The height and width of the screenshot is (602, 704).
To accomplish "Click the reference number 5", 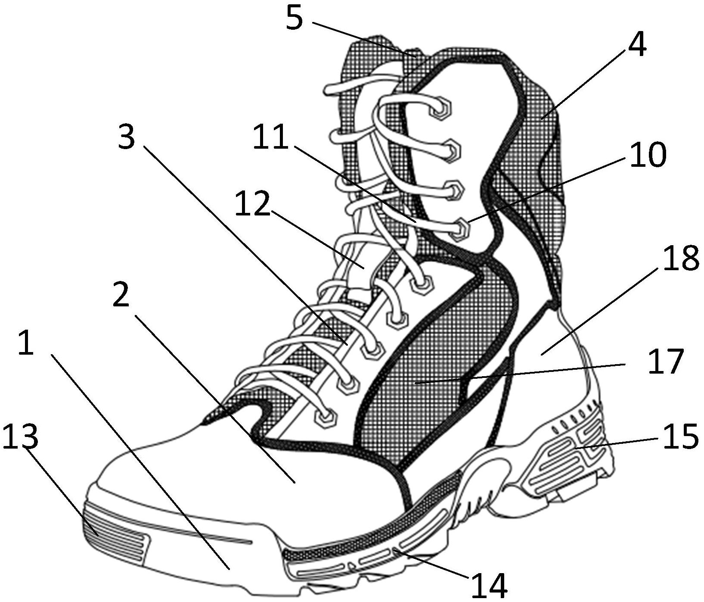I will point(295,19).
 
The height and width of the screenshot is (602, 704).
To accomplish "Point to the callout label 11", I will point(270,137).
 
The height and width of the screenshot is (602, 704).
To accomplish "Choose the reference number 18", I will point(680,259).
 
